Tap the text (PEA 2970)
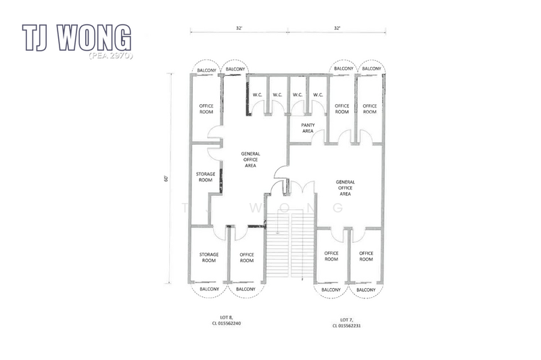(x=110, y=55)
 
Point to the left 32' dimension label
(x=239, y=28)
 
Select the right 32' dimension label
(x=337, y=28)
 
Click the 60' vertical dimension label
(x=165, y=179)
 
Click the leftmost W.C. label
(x=258, y=95)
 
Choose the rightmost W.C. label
(x=318, y=95)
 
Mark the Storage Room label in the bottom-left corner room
(x=208, y=257)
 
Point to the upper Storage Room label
(x=206, y=177)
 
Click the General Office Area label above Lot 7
(x=345, y=187)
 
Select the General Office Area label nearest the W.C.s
(x=250, y=160)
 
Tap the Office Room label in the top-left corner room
(x=206, y=109)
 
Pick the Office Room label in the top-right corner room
(x=369, y=109)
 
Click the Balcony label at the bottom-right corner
(x=366, y=290)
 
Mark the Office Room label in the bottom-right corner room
(x=366, y=256)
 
